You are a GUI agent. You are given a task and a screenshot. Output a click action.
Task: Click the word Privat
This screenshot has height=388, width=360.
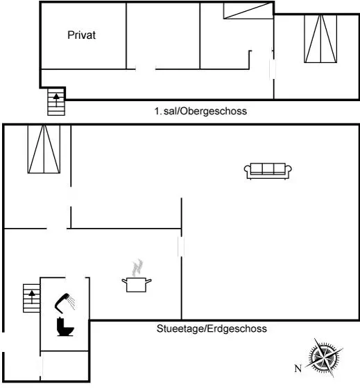click(x=82, y=35)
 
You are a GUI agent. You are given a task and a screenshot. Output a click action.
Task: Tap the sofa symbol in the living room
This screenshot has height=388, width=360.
click(x=268, y=170)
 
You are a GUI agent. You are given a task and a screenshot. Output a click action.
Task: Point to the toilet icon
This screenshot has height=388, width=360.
click(x=65, y=326)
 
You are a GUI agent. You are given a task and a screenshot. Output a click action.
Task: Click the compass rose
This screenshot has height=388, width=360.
click(x=324, y=358)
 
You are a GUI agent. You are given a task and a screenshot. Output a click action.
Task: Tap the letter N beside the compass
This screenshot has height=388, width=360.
click(x=298, y=369)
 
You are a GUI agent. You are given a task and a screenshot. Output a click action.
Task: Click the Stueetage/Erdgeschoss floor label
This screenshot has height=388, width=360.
click(x=212, y=328)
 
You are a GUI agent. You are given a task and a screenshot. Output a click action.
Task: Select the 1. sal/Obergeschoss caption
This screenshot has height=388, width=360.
click(x=200, y=111)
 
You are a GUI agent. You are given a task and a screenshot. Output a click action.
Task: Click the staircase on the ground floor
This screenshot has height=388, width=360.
click(x=31, y=298)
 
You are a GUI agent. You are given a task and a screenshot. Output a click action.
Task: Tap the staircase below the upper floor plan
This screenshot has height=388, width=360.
click(x=56, y=102)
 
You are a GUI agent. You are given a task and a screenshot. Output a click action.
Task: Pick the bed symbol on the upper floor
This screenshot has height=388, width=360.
click(x=320, y=39)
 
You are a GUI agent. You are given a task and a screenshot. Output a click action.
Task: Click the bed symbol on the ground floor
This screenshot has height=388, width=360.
click(x=44, y=149)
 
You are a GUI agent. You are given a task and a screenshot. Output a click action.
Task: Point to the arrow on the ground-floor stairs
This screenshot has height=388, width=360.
click(x=32, y=297)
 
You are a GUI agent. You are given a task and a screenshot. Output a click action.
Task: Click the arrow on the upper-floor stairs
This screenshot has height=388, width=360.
click(x=56, y=100)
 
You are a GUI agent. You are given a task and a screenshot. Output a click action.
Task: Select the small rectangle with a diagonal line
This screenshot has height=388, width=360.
click(x=248, y=10)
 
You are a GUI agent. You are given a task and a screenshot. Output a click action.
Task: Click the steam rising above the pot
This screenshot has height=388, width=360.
click(x=137, y=267)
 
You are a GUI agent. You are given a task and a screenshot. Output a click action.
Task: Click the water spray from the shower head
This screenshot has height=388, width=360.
click(x=72, y=302)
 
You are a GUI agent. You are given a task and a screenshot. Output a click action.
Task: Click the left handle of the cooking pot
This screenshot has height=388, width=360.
click(x=124, y=281)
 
